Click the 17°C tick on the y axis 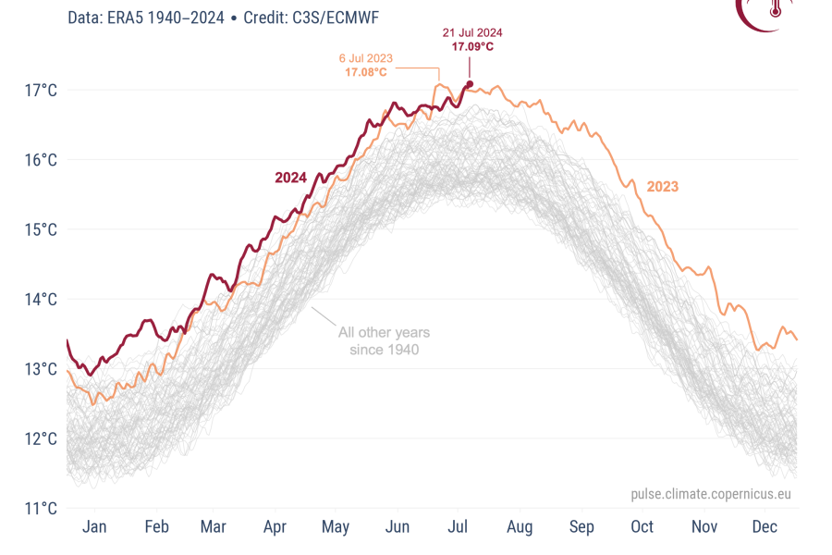pos(42,91)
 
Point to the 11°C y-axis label pos(42,508)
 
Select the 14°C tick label pos(42,299)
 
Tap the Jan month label pos(94,526)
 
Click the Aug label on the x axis pos(520,526)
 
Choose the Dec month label pos(765,526)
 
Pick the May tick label pos(336,526)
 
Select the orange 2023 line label pos(662,187)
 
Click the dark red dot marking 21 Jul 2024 pos(470,84)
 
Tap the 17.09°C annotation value pos(472,45)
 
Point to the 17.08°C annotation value pos(366,71)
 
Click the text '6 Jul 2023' pos(366,58)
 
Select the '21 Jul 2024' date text pos(472,32)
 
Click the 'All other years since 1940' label pos(384,340)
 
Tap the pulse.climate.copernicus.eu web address pos(711,495)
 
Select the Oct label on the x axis pos(642,526)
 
